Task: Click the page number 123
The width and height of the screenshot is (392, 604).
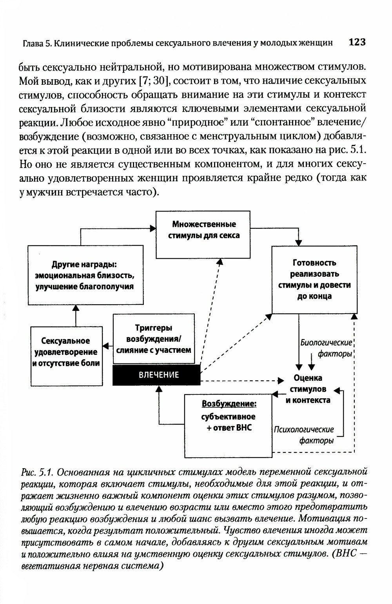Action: [357, 42]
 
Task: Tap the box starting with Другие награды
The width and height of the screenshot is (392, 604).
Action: [85, 275]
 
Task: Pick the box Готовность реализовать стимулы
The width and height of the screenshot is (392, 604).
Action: [314, 279]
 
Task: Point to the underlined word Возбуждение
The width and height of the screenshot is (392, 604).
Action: [230, 404]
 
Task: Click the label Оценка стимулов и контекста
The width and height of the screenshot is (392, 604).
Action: [308, 389]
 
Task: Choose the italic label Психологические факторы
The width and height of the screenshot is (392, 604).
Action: [305, 435]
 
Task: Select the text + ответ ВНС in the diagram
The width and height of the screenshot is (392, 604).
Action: [229, 428]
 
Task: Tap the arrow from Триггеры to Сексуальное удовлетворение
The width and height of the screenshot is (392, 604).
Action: [107, 346]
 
